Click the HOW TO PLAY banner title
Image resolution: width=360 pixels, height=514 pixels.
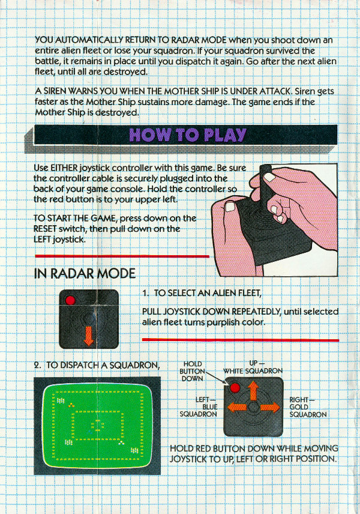tap(187, 135)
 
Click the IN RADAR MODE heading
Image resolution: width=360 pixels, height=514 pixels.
tap(85, 273)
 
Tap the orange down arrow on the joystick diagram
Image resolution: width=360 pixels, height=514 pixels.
tap(88, 336)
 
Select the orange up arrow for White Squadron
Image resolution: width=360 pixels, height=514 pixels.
tap(253, 390)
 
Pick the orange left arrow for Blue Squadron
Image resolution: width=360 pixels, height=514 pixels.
tap(237, 408)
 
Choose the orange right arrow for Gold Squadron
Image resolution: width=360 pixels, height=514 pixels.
tap(270, 408)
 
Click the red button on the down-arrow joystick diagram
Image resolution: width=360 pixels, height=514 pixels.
tap(70, 300)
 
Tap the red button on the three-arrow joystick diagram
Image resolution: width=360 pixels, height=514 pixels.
tap(235, 388)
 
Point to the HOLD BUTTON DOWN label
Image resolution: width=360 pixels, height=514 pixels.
tap(192, 371)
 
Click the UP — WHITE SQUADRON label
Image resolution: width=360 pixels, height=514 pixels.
tap(253, 367)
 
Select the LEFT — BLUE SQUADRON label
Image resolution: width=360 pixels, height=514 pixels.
tap(198, 407)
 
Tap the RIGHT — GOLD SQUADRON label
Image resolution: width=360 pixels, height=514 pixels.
tap(308, 407)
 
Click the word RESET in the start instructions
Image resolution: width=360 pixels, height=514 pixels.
tap(45, 229)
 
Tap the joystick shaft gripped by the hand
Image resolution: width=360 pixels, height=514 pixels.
tap(266, 191)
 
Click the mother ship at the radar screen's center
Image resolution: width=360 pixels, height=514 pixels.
tap(97, 426)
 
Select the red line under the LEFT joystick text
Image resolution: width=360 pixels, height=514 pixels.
tap(122, 256)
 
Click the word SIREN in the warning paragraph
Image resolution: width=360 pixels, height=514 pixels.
tap(55, 91)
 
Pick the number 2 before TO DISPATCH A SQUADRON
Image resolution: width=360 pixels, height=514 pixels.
tap(37, 365)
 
